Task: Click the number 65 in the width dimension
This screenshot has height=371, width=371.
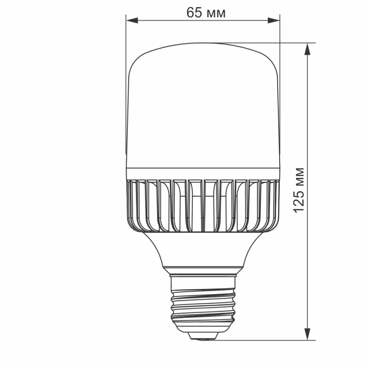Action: (x=195, y=13)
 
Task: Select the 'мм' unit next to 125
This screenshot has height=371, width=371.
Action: (x=300, y=177)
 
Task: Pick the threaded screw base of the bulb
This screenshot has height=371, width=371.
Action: (x=202, y=304)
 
